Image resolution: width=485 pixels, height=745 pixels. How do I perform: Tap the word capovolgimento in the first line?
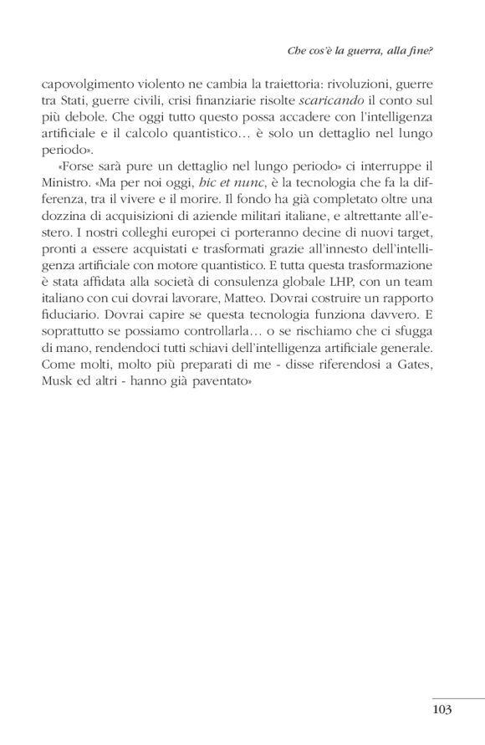pyautogui.click(x=80, y=84)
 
